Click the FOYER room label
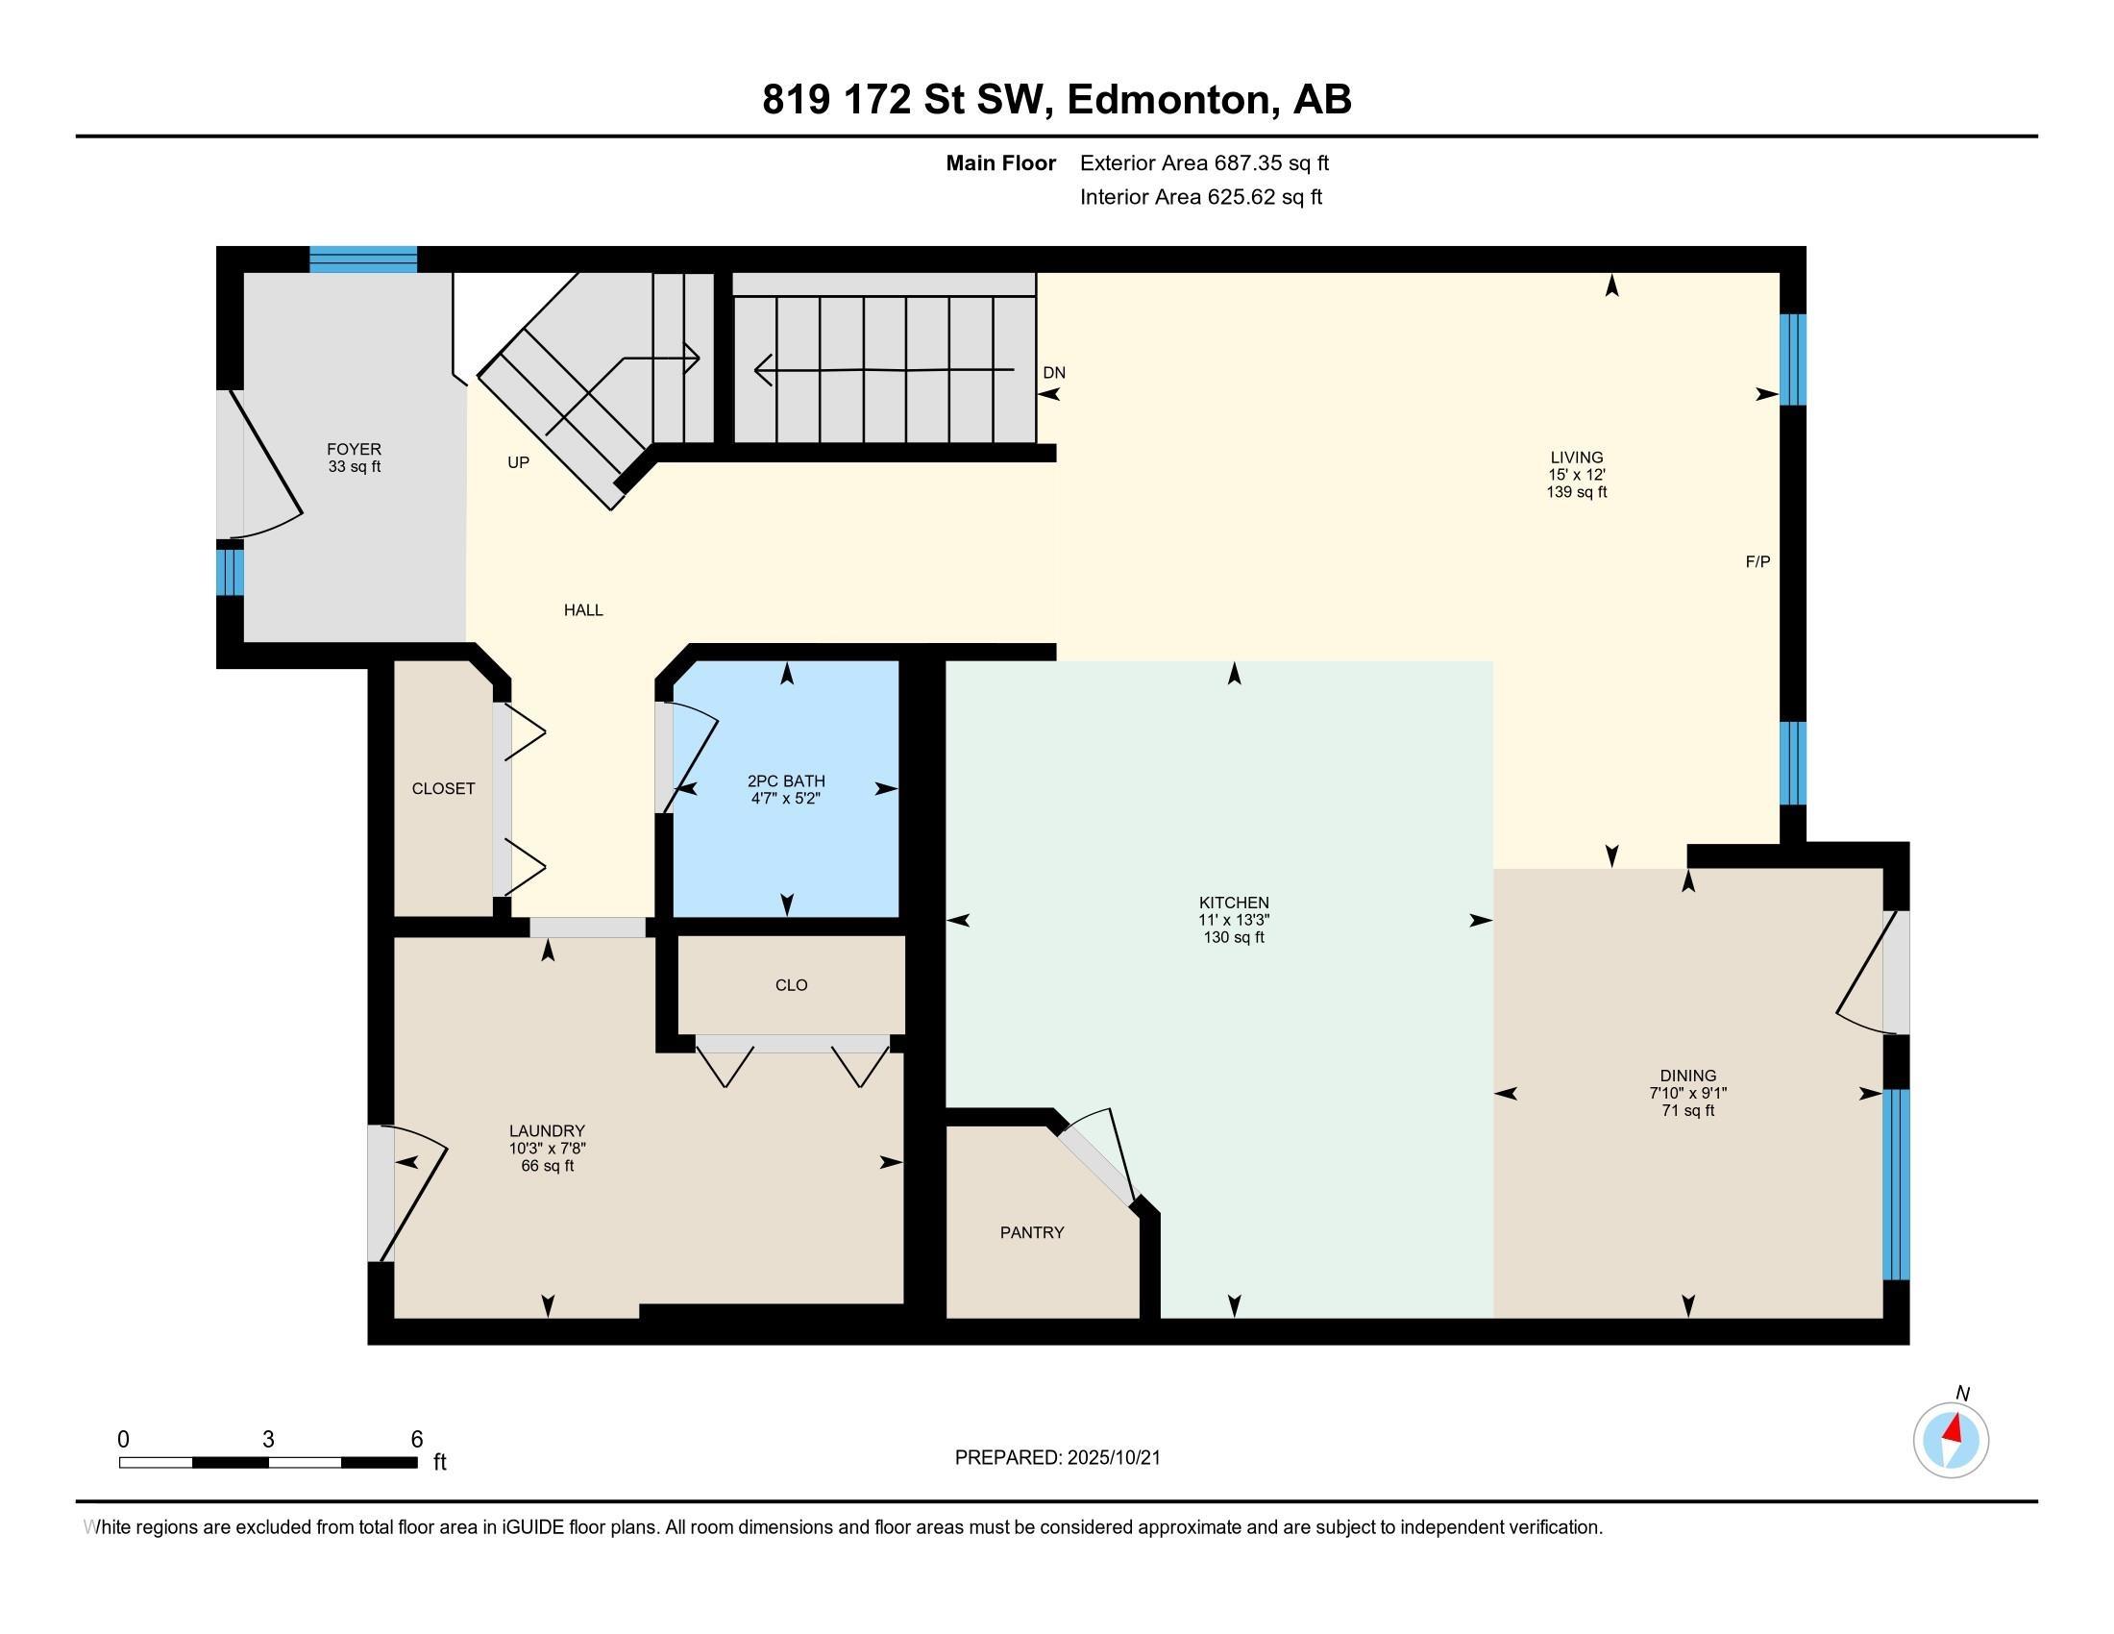click(354, 449)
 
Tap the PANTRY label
click(1032, 1232)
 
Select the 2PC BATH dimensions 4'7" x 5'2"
click(786, 799)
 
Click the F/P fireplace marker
click(1757, 561)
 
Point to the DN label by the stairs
click(1054, 373)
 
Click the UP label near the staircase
click(518, 462)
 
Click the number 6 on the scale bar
click(416, 1439)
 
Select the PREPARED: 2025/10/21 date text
click(1057, 1458)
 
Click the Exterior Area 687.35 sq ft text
click(1204, 162)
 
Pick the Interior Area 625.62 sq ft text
click(1200, 197)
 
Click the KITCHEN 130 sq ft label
click(1233, 937)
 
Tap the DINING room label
click(1687, 1076)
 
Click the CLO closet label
click(791, 985)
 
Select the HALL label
click(582, 609)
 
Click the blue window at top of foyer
click(363, 260)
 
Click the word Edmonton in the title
click(1169, 100)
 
